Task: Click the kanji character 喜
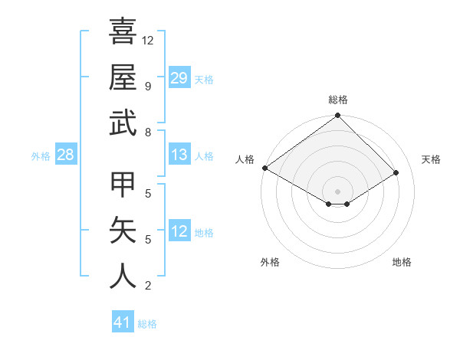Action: (123, 32)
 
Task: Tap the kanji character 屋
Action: (123, 77)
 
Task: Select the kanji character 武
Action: (123, 123)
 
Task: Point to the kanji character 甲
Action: (123, 185)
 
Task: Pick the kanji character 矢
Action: (123, 231)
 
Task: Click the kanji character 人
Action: (123, 277)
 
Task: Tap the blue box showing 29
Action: (179, 78)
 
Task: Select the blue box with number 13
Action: (179, 155)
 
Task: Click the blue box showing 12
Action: (179, 232)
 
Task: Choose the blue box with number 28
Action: (66, 155)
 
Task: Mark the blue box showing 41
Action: (123, 323)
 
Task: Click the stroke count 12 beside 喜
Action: (148, 40)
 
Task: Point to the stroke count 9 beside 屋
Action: (147, 86)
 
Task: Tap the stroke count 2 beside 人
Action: (147, 286)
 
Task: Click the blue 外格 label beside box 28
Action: (41, 156)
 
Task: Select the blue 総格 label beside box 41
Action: (147, 324)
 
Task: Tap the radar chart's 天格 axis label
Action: (432, 159)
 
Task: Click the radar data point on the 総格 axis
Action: (337, 116)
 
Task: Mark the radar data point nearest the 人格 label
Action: (264, 168)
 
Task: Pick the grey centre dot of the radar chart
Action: (337, 191)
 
